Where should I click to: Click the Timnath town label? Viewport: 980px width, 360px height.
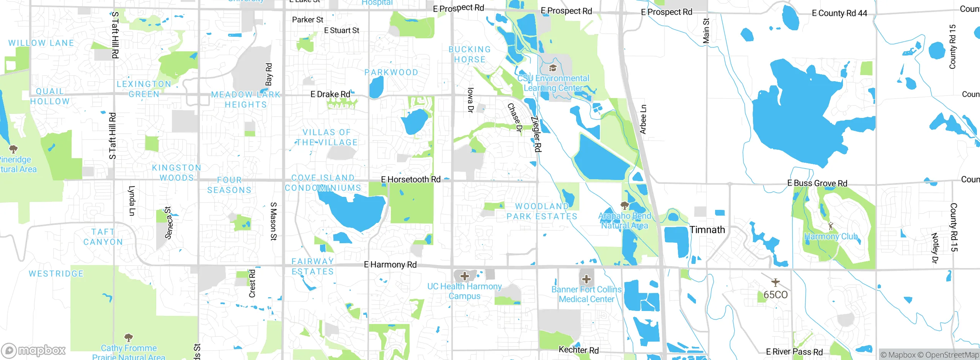point(707,230)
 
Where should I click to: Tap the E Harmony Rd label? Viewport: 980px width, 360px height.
point(390,265)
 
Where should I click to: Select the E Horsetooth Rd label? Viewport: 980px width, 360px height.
point(411,179)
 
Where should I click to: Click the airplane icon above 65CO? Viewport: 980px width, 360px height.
point(776,283)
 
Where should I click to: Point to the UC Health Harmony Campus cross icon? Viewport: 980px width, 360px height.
point(464,276)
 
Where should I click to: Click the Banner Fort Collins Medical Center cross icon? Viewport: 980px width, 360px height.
point(586,279)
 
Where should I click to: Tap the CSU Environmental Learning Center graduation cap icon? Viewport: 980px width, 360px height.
point(552,68)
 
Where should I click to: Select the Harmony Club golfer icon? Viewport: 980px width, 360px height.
point(830,226)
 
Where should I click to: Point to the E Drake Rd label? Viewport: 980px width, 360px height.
point(330,94)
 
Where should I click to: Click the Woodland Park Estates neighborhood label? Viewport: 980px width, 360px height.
point(542,211)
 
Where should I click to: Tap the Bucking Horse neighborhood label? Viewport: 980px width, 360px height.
point(470,54)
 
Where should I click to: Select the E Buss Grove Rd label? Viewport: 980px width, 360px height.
point(817,183)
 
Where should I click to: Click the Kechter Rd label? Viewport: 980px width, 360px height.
point(578,350)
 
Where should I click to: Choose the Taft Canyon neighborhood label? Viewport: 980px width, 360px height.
point(103,237)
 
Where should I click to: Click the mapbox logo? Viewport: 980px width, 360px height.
point(33,350)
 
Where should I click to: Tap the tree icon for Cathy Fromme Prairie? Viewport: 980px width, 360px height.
point(129,337)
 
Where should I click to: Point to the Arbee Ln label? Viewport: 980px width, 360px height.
point(643,119)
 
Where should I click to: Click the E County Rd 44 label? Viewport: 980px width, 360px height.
point(839,13)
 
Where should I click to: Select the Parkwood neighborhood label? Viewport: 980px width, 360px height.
point(391,72)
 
